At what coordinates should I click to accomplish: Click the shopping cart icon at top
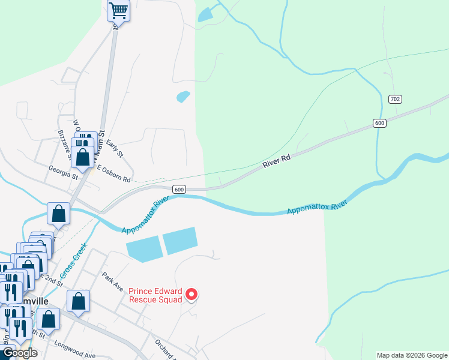coord(118,10)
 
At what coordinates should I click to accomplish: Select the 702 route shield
coord(395,98)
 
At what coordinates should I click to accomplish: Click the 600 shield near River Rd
coord(379,123)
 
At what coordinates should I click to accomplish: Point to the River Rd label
coord(277,161)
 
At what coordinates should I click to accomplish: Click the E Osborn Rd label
coord(113,176)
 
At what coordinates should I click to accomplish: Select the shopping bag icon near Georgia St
coord(82,157)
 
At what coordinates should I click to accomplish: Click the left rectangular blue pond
coord(143,249)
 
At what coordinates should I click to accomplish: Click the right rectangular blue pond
coord(180,240)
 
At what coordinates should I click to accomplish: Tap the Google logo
coord(19,353)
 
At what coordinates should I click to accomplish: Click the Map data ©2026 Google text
coord(412,355)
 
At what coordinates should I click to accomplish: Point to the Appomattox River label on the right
coord(317,208)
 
